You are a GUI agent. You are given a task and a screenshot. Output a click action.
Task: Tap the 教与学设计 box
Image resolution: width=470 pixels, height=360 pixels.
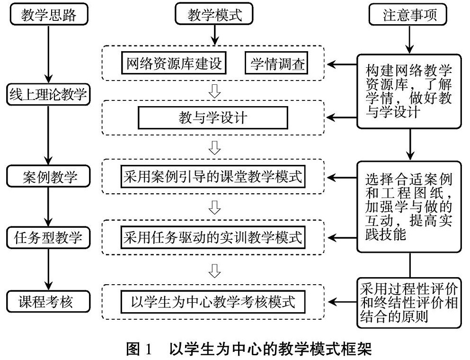tap(213, 118)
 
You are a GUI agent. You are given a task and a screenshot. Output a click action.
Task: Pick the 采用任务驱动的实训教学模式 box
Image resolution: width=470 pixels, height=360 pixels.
tap(213, 236)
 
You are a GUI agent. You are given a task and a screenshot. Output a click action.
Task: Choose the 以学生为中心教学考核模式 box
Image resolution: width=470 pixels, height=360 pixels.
tap(213, 301)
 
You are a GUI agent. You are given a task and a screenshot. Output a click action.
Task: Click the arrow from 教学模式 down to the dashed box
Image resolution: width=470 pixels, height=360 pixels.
tap(214, 34)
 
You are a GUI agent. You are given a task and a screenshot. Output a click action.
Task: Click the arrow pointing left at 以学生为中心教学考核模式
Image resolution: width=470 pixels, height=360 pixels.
tap(342, 302)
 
